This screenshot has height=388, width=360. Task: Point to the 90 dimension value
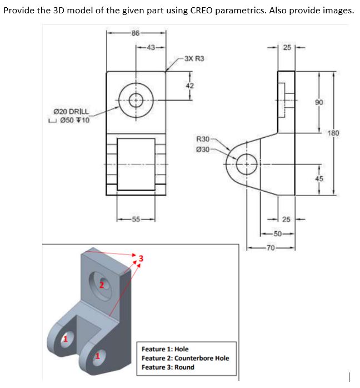[x=319, y=103]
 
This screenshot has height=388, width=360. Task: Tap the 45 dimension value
[x=319, y=178]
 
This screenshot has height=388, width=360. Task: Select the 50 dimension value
[x=278, y=234]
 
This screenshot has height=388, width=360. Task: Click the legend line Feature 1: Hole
[x=165, y=349]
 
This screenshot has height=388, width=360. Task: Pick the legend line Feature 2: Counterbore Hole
[x=185, y=358]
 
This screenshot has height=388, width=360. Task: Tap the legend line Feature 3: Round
[x=168, y=367]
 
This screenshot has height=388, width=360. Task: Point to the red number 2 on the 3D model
[x=101, y=285]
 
